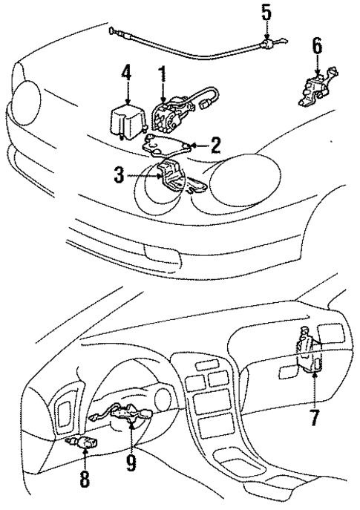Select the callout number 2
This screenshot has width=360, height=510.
[215, 146]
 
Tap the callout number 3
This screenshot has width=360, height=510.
[119, 176]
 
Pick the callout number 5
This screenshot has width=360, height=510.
[266, 14]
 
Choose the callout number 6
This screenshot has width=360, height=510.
[317, 48]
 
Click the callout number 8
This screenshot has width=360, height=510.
[85, 478]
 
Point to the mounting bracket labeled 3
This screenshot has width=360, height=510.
[178, 178]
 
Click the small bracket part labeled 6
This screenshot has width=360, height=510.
[316, 88]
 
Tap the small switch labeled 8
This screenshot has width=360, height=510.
[82, 442]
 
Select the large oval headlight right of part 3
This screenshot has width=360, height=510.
[245, 180]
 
